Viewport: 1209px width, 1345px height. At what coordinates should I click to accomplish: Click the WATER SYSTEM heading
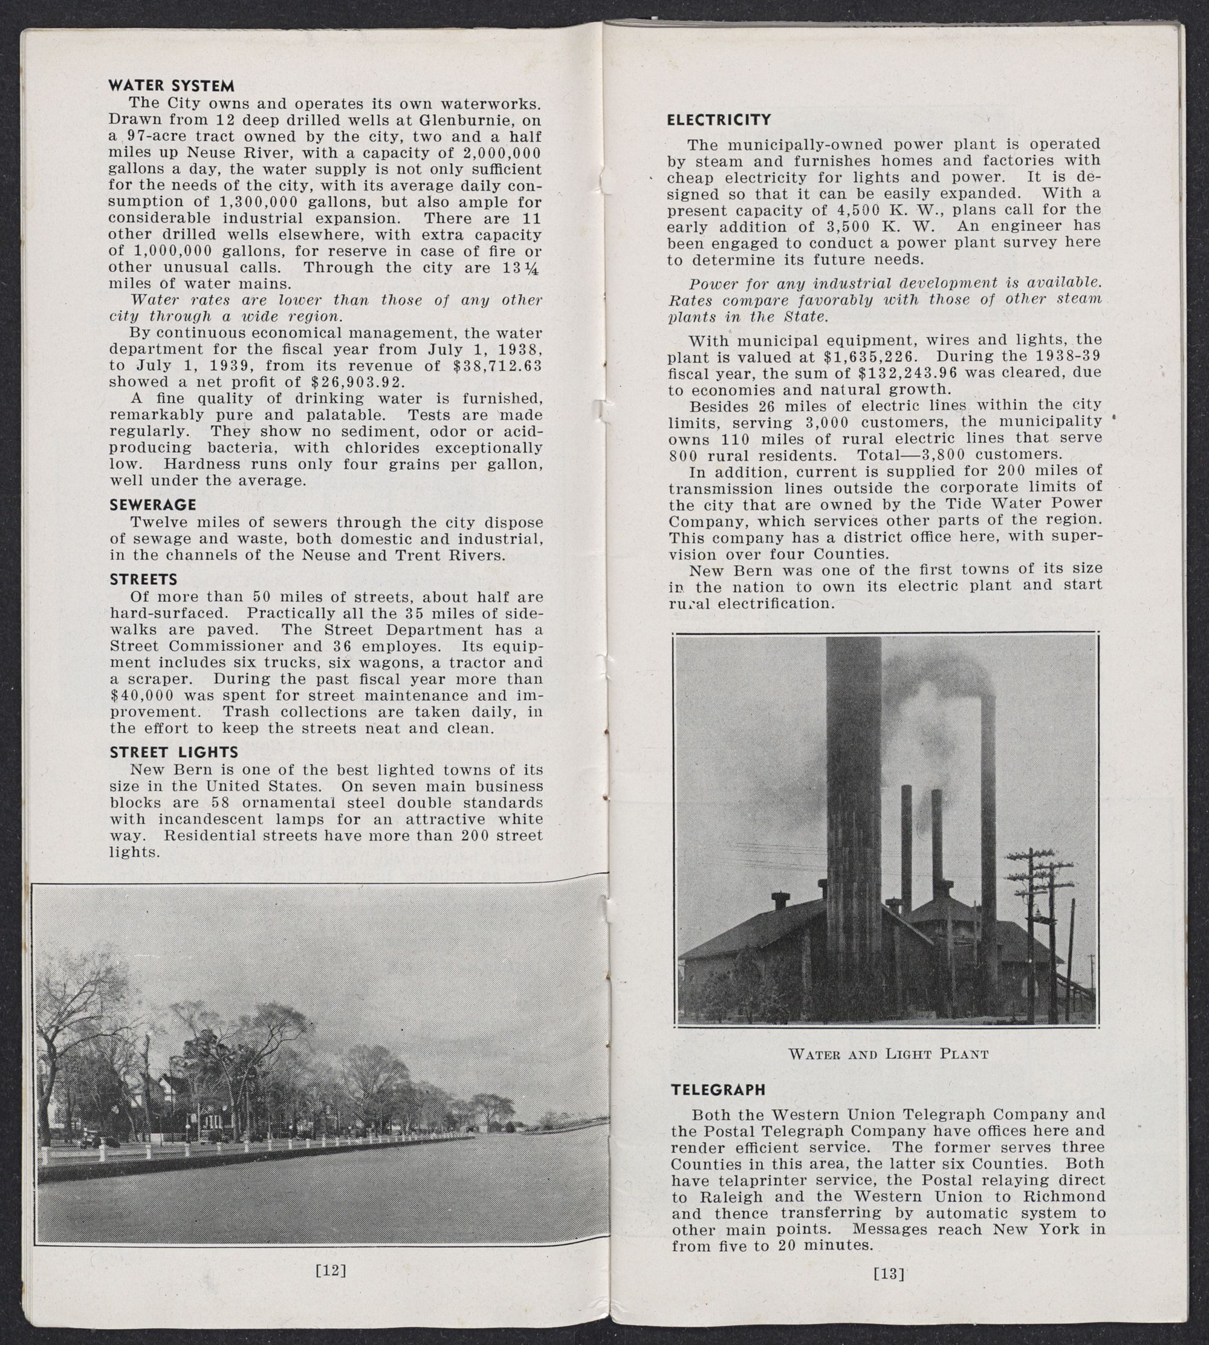point(172,86)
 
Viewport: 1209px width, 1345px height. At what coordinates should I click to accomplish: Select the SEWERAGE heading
point(153,504)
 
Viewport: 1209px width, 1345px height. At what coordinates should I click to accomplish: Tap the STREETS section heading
point(143,579)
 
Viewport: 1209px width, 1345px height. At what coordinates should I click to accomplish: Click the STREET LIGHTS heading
point(174,752)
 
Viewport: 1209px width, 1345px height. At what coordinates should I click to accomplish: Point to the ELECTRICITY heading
point(719,120)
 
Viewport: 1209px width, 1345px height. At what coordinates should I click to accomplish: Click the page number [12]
point(329,1271)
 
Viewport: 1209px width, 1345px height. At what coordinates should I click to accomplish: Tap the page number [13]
point(889,1273)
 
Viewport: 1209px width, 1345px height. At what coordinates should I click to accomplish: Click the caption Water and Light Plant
point(888,1054)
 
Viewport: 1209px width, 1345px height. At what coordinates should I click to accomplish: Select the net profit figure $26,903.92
point(357,382)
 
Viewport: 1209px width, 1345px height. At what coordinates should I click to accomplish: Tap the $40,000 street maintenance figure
point(141,695)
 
